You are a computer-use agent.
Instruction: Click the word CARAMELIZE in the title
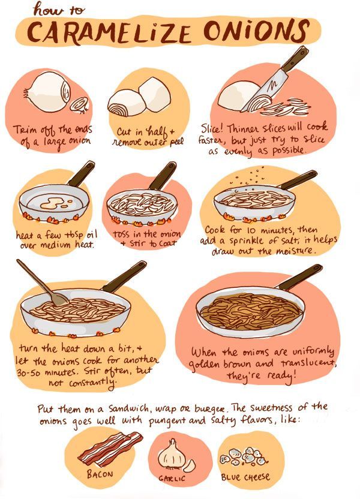point(109,32)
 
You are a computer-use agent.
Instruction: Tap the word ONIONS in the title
point(256,30)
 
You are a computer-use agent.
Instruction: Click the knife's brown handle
point(295,58)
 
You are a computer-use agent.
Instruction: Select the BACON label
point(100,474)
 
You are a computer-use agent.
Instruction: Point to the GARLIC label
point(172,479)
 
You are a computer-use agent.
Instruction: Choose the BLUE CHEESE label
point(245,477)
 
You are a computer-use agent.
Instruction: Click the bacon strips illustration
point(110,448)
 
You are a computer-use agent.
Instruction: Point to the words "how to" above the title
point(59,10)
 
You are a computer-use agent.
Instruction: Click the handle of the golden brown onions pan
point(300,277)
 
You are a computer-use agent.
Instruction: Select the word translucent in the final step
point(308,362)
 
